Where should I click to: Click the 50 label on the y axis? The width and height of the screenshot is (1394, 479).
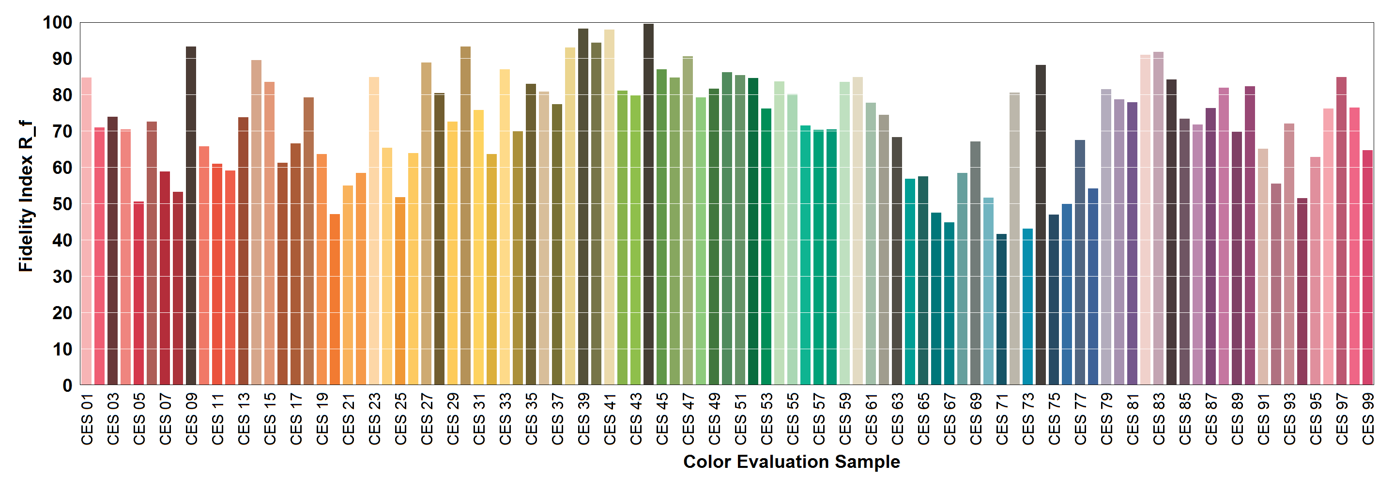pyautogui.click(x=62, y=204)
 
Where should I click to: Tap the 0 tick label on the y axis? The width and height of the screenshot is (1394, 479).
pyautogui.click(x=67, y=386)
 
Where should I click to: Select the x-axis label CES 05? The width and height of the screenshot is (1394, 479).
pyautogui.click(x=139, y=419)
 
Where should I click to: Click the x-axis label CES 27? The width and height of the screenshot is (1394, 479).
pyautogui.click(x=427, y=419)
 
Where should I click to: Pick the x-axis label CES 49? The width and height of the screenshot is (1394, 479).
pyautogui.click(x=714, y=419)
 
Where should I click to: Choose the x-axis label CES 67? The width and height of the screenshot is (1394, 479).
pyautogui.click(x=950, y=419)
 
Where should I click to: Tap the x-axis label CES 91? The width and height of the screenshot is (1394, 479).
pyautogui.click(x=1263, y=419)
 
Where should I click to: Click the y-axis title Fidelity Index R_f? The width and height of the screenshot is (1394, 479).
pyautogui.click(x=26, y=196)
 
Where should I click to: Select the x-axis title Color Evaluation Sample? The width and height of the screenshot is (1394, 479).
pyautogui.click(x=791, y=462)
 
